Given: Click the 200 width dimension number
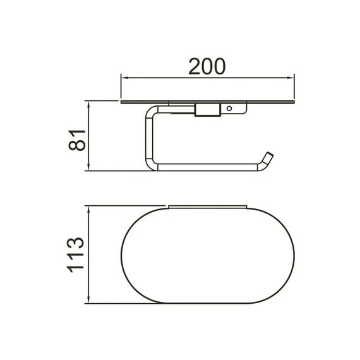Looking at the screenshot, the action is click(x=207, y=66).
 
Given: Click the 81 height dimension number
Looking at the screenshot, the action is click(x=77, y=140).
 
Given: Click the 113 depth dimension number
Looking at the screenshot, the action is click(x=75, y=255).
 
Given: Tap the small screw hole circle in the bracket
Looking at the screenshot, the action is click(x=229, y=109).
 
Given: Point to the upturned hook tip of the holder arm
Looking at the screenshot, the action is click(x=269, y=155).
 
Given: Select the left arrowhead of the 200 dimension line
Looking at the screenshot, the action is click(x=124, y=78).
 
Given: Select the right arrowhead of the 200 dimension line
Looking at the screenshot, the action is click(x=291, y=78).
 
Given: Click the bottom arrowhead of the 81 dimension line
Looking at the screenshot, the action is click(x=88, y=167).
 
